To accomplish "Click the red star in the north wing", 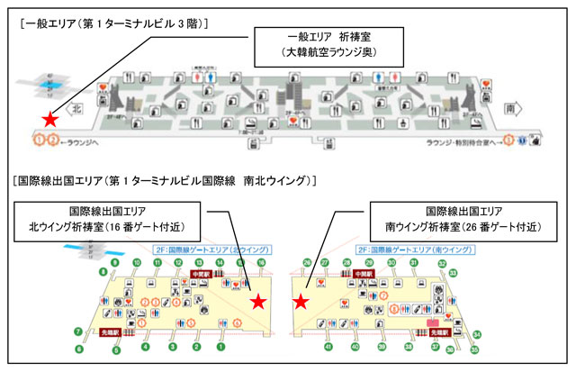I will tap(258, 302).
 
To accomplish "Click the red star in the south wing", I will tap(301, 303).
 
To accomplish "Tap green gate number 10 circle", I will tap(137, 262).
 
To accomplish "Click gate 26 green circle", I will tap(308, 262).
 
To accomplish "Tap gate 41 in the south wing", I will tap(328, 346).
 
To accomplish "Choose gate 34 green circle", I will tap(475, 335).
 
